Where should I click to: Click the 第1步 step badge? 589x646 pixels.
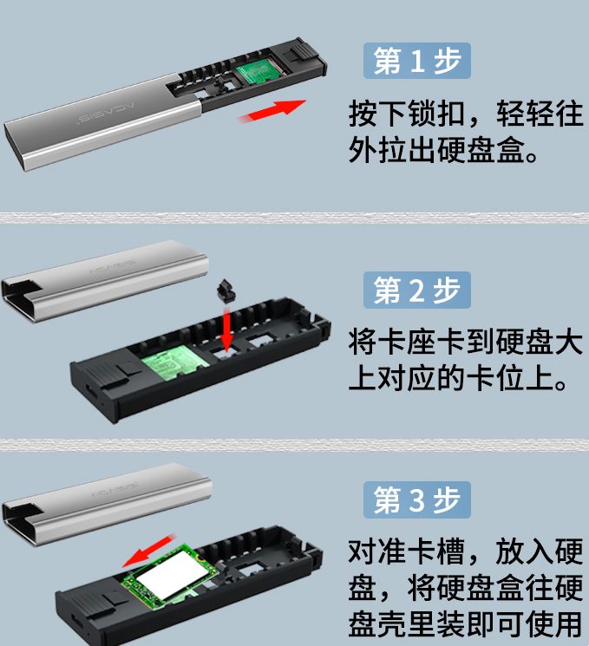pyautogui.click(x=416, y=61)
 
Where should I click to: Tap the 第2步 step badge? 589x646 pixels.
pyautogui.click(x=416, y=290)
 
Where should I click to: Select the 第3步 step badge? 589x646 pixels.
pyautogui.click(x=416, y=499)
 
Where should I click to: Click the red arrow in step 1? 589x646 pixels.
pyautogui.click(x=272, y=110)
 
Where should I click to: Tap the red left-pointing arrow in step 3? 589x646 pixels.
pyautogui.click(x=149, y=551)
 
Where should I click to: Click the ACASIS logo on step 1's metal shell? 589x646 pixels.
pyautogui.click(x=107, y=112)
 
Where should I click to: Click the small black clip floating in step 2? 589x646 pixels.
pyautogui.click(x=226, y=290)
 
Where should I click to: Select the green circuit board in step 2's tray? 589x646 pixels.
pyautogui.click(x=175, y=360)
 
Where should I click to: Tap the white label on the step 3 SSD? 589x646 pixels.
pyautogui.click(x=170, y=575)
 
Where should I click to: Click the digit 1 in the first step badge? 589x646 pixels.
pyautogui.click(x=417, y=61)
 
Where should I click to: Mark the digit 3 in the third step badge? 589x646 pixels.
pyautogui.click(x=417, y=499)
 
